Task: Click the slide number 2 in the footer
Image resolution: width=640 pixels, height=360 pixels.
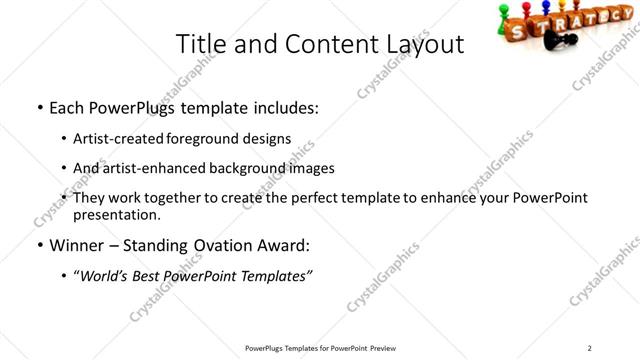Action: [590, 347]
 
